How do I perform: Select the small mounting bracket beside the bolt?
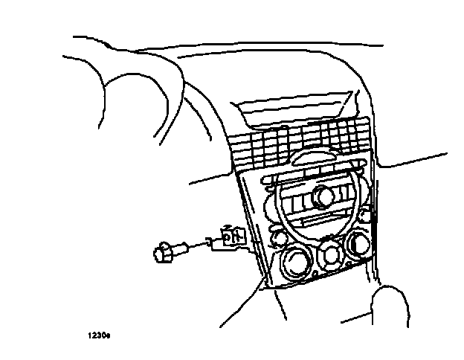(231, 237)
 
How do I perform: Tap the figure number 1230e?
(98, 336)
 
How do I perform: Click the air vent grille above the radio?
(297, 145)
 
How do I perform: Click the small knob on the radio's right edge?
(364, 216)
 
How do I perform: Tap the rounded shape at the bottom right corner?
(390, 305)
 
